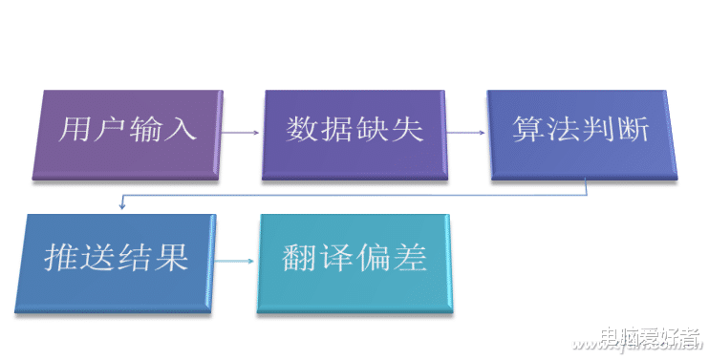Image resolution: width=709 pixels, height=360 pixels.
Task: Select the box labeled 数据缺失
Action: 354,133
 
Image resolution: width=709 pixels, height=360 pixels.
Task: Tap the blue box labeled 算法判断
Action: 580,133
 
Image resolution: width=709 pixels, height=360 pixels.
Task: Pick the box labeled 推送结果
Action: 116,260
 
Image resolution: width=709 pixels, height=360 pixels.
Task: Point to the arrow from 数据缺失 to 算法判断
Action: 467,133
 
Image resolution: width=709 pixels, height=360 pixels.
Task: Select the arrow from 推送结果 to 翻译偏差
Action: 234,260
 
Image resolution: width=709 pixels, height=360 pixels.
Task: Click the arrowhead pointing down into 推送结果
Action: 121,203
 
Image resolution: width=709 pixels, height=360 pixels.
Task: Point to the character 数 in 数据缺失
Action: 302,129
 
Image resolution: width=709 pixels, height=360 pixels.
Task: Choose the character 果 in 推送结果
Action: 170,258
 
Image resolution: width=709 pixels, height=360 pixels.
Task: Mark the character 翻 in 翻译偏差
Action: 300,258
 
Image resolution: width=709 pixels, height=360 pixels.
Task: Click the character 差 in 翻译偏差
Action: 407,258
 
